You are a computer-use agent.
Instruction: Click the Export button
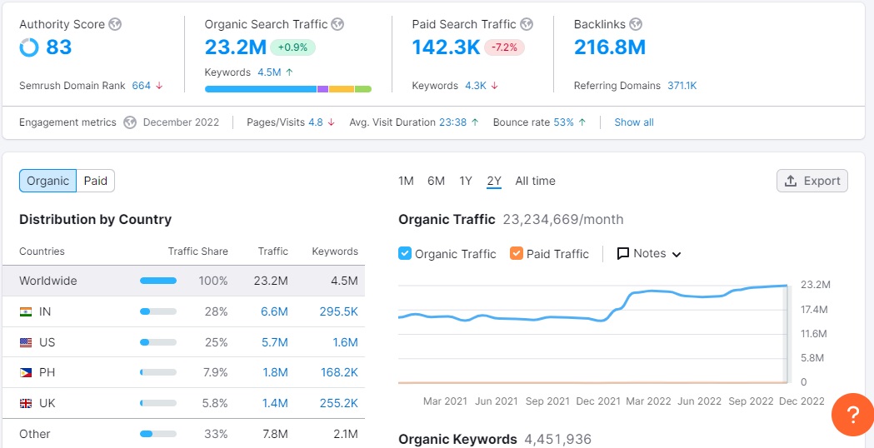[812, 181]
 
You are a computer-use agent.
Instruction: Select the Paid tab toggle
[96, 181]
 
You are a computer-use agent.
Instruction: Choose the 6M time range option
[436, 181]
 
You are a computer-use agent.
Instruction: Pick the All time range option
[535, 181]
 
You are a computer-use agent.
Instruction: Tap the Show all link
[633, 122]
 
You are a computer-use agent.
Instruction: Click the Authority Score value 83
[58, 47]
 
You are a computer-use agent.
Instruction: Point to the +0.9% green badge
[292, 47]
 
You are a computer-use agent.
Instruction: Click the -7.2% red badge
[506, 47]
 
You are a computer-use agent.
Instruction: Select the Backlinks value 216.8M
[609, 47]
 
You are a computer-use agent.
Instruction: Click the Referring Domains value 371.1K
[682, 86]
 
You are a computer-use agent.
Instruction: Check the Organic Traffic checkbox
[405, 253]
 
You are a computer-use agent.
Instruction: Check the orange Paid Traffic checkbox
[517, 253]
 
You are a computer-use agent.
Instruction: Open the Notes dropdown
[649, 253]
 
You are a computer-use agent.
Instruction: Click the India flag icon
[26, 311]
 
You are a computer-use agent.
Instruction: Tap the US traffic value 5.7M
[275, 342]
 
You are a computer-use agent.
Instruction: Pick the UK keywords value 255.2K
[339, 403]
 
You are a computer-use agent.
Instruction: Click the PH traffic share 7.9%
[215, 372]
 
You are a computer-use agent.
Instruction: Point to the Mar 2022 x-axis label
[648, 401]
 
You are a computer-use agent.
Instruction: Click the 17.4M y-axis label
[814, 309]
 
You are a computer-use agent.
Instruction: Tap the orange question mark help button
[852, 414]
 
